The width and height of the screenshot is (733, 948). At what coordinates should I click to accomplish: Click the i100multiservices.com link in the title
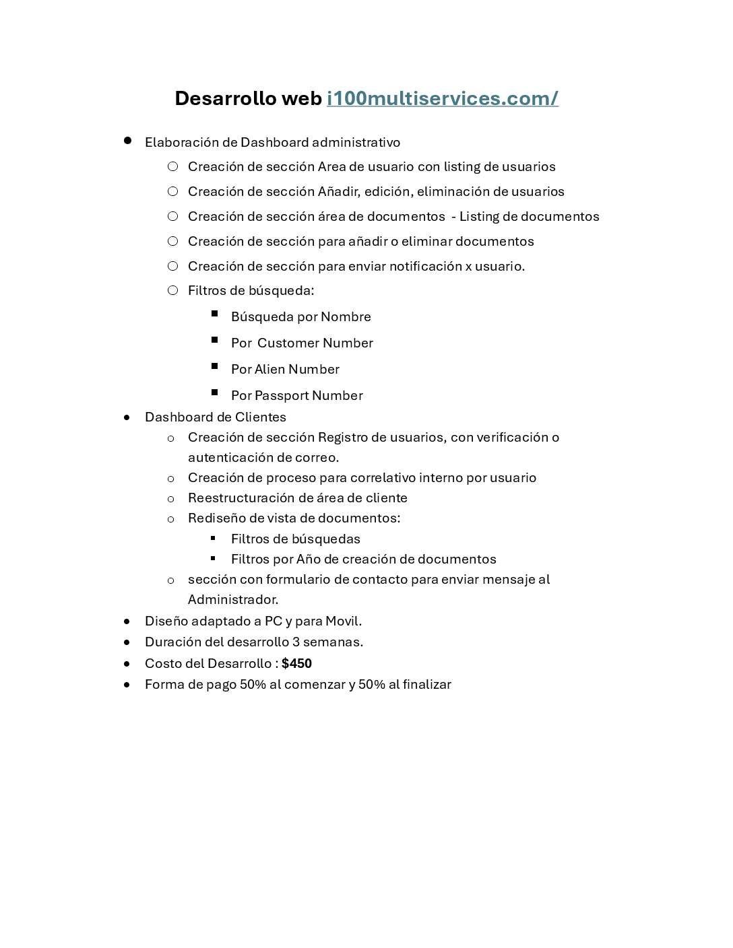click(x=442, y=98)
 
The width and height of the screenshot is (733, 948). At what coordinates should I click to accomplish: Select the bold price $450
click(x=296, y=663)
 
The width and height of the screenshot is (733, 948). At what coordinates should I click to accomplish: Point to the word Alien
click(x=269, y=369)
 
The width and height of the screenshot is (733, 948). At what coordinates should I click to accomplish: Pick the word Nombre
click(x=346, y=316)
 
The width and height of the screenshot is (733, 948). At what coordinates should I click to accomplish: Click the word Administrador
click(x=232, y=599)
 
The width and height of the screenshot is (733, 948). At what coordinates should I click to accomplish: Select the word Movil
click(x=344, y=621)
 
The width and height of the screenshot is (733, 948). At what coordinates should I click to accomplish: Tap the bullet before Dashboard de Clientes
click(x=127, y=417)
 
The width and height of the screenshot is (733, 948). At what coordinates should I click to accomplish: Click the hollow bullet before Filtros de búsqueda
click(x=173, y=290)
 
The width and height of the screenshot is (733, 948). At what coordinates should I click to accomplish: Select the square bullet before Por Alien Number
click(x=215, y=366)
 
